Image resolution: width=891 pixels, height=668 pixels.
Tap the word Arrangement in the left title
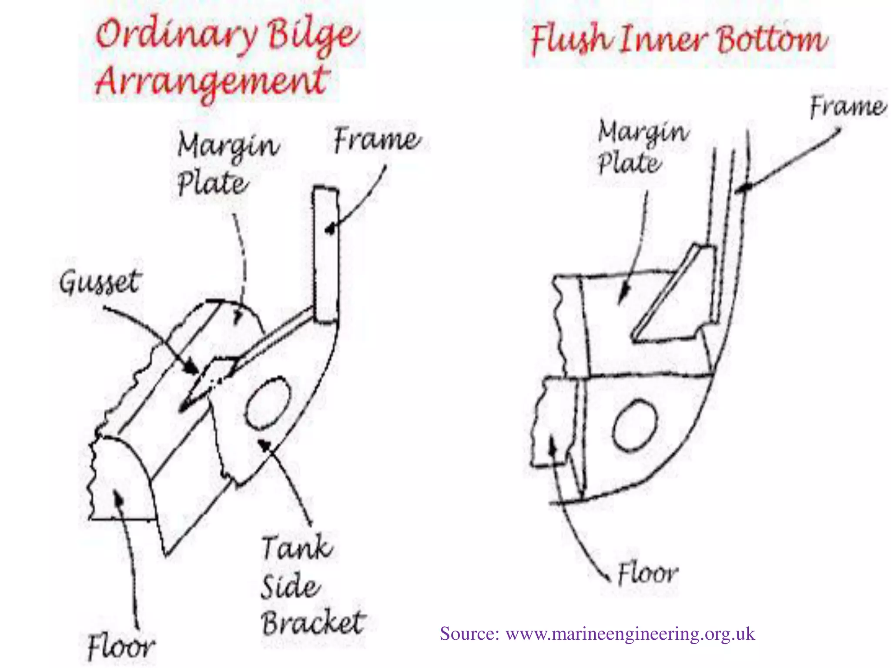pyautogui.click(x=212, y=81)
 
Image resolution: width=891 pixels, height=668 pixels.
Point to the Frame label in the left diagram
pyautogui.click(x=377, y=140)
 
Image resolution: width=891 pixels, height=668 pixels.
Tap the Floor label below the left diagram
pyautogui.click(x=121, y=647)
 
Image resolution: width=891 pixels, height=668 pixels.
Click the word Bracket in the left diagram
pyautogui.click(x=313, y=623)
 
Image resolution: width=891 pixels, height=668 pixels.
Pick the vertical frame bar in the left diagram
pyautogui.click(x=325, y=254)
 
